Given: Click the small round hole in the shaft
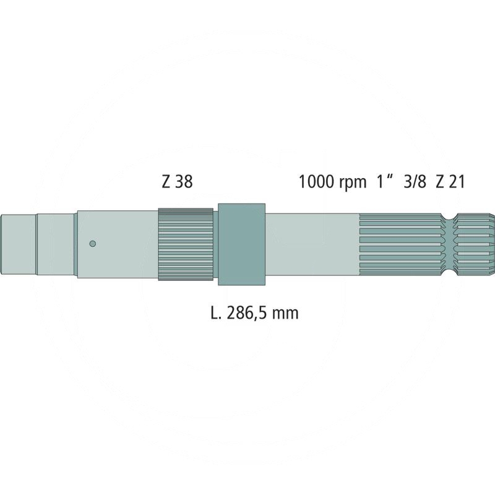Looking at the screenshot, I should pos(92,243).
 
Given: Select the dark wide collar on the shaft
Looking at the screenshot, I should pos(241,244).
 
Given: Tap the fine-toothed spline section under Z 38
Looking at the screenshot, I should pos(186,244).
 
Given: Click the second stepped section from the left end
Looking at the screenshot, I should pos(55,243).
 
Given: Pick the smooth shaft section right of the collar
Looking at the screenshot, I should pos(312,244).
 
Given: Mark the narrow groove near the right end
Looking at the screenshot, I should pos(450,244).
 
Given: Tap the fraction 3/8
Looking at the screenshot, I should pos(415,182).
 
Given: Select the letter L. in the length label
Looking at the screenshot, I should pos(215,313).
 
